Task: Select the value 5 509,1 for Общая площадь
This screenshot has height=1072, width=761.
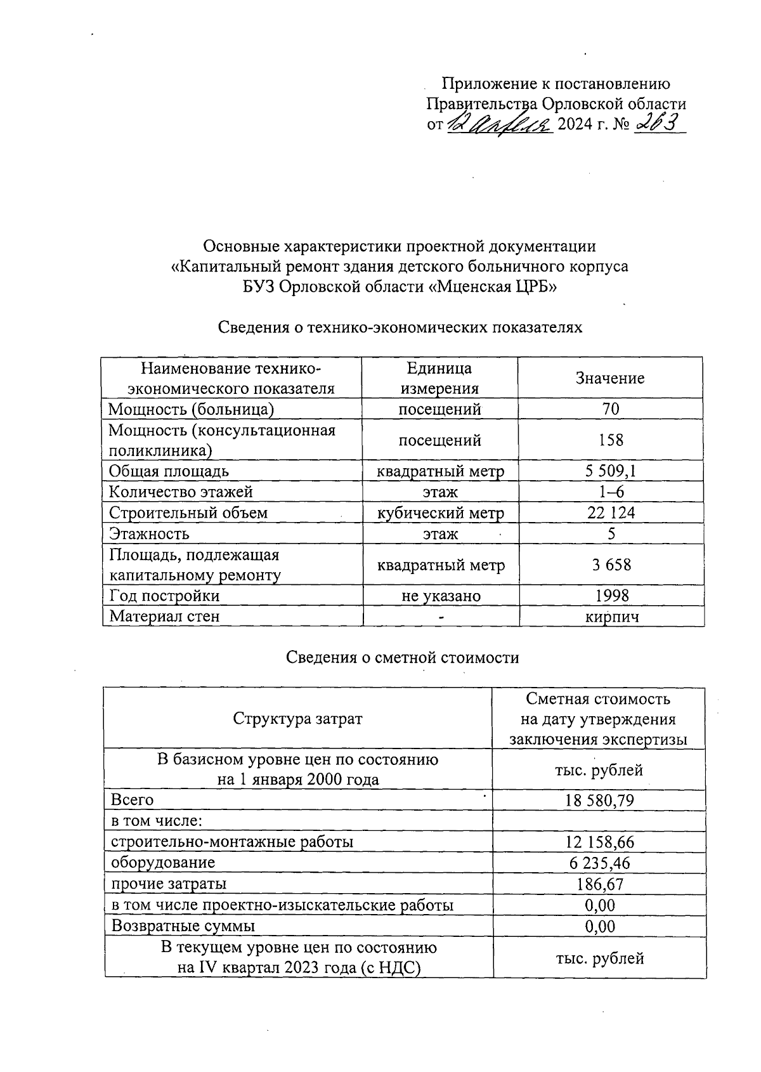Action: pos(611,471)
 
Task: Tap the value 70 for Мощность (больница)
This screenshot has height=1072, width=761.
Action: pos(611,409)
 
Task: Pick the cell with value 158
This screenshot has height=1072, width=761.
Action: pos(611,440)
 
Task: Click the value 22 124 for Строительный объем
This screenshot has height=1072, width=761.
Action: pos(611,513)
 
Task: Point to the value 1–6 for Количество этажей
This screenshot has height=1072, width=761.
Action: pos(611,492)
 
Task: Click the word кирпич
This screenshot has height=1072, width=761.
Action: pos(611,616)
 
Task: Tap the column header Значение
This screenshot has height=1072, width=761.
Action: pos(610,378)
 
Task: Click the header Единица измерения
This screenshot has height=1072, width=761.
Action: pos(439,378)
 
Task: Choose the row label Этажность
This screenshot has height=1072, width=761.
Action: pos(149,533)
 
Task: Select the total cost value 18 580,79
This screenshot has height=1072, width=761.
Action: pos(599,801)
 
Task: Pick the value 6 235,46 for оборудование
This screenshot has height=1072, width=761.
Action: pos(599,863)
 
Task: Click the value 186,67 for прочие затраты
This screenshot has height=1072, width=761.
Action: pos(600,884)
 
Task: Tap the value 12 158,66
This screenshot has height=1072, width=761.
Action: pos(599,842)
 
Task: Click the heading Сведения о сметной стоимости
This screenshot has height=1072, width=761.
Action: pos(402,658)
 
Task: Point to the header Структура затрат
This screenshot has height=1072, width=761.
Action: pos(297,719)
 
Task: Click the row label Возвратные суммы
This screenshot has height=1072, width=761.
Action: pos(183,925)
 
